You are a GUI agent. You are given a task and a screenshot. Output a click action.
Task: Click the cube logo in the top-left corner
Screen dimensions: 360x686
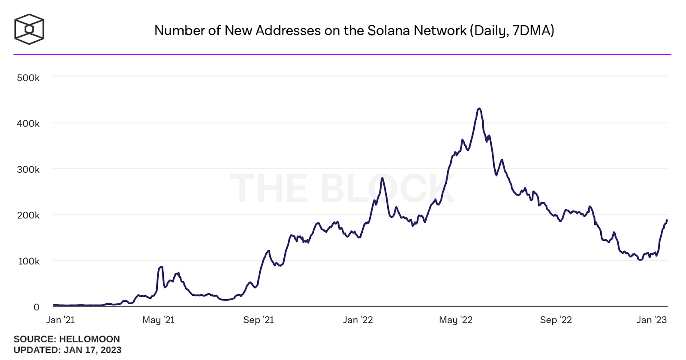pyautogui.click(x=29, y=29)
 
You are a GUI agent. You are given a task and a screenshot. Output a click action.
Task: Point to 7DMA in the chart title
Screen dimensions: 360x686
pyautogui.click(x=532, y=30)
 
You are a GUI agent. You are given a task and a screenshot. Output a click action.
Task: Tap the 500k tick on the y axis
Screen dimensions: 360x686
pyautogui.click(x=28, y=78)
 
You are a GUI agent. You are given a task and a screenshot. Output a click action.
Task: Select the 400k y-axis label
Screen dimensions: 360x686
pyautogui.click(x=28, y=123)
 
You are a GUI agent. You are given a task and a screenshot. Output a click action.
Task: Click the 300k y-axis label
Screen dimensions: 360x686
pyautogui.click(x=28, y=169)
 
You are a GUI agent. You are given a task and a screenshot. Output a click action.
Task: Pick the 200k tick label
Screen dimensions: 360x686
pyautogui.click(x=28, y=215)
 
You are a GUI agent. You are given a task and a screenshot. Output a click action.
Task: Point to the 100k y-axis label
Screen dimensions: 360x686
pyautogui.click(x=29, y=261)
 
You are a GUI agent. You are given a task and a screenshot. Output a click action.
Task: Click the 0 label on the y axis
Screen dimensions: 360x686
pyautogui.click(x=36, y=307)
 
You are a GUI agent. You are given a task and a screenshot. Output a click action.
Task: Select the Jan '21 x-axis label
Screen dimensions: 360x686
pyautogui.click(x=60, y=320)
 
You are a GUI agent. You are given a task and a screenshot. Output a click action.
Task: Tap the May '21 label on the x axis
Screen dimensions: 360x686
pyautogui.click(x=159, y=320)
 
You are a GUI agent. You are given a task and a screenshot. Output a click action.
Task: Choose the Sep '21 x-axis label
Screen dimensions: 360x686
pyautogui.click(x=259, y=320)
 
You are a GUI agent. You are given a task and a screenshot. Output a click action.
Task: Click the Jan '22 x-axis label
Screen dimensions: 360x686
pyautogui.click(x=358, y=320)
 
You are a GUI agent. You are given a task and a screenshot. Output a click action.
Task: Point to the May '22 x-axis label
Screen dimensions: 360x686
pyautogui.click(x=456, y=320)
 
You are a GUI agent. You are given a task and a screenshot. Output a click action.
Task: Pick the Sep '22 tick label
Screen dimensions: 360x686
pyautogui.click(x=556, y=320)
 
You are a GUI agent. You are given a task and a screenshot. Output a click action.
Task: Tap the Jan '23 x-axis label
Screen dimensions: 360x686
pyautogui.click(x=652, y=320)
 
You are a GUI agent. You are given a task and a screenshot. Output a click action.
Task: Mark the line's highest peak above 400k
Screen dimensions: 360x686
pyautogui.click(x=479, y=108)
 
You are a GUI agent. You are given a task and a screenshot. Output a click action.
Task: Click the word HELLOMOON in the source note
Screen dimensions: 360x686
pyautogui.click(x=90, y=339)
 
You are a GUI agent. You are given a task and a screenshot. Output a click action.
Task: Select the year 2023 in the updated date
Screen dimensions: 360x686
pyautogui.click(x=111, y=350)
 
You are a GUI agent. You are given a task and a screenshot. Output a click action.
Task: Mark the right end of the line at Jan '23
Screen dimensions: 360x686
pyautogui.click(x=667, y=220)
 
